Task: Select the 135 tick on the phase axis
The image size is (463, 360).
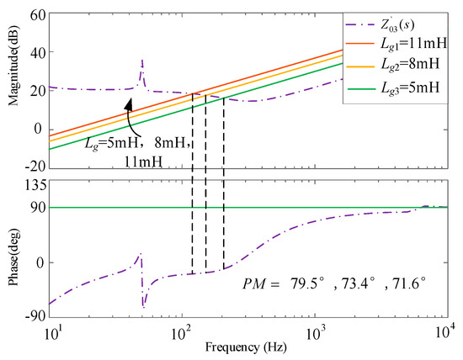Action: click(35, 184)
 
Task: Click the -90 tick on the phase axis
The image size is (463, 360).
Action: click(35, 317)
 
